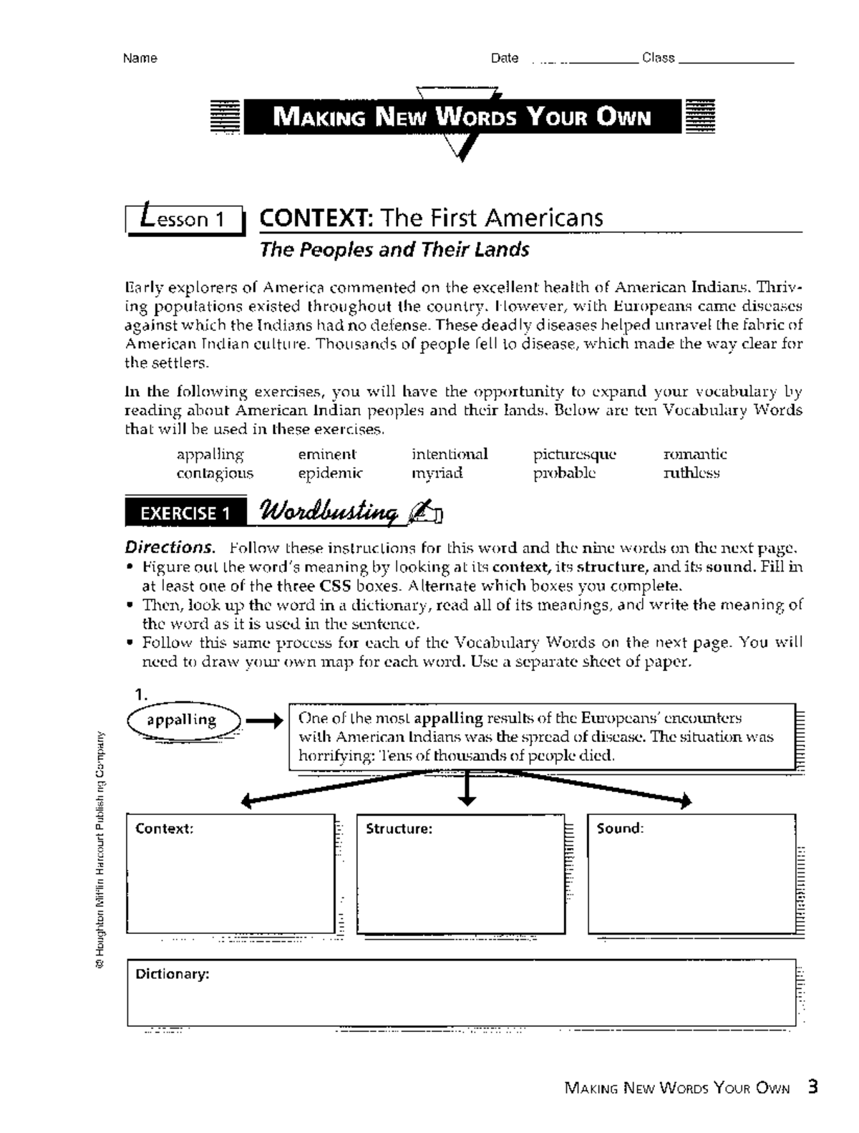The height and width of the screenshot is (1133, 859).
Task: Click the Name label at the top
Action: pos(140,59)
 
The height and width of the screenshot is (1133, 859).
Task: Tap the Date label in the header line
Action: pos(505,59)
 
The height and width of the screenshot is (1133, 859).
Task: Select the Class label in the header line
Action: pos(659,58)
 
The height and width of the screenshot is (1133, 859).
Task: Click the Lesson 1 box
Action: pos(185,218)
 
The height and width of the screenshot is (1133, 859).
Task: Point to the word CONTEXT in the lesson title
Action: pos(315,218)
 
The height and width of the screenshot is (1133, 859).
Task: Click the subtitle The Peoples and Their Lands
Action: pos(394,250)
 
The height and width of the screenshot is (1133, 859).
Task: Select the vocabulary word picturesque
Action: pos(574,454)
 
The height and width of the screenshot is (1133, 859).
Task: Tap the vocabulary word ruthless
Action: pos(691,473)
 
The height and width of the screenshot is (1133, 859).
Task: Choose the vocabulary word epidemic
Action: pos(330,473)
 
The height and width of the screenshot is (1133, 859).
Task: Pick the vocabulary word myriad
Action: pos(437,473)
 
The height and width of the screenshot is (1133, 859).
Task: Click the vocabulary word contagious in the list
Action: pos(215,473)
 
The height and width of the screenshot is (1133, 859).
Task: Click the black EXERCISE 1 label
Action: pos(185,514)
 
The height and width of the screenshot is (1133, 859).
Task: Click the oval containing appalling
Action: pos(183,720)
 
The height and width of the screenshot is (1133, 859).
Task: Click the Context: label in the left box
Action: pos(165,829)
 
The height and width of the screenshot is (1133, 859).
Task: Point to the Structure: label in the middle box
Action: pos(399,829)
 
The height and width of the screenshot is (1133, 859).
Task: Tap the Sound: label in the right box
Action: pos(620,829)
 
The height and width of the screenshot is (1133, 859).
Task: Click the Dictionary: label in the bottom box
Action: pos(173,974)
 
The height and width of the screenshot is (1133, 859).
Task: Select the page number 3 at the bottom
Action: pos(812,1087)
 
